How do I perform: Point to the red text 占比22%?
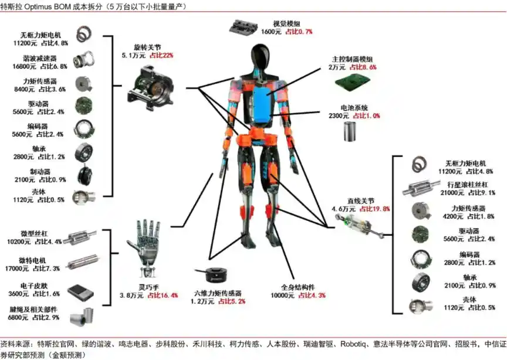click(x=162, y=55)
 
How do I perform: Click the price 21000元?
click(x=452, y=192)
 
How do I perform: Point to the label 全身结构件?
click(x=298, y=287)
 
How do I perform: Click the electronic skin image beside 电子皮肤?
click(x=80, y=291)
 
